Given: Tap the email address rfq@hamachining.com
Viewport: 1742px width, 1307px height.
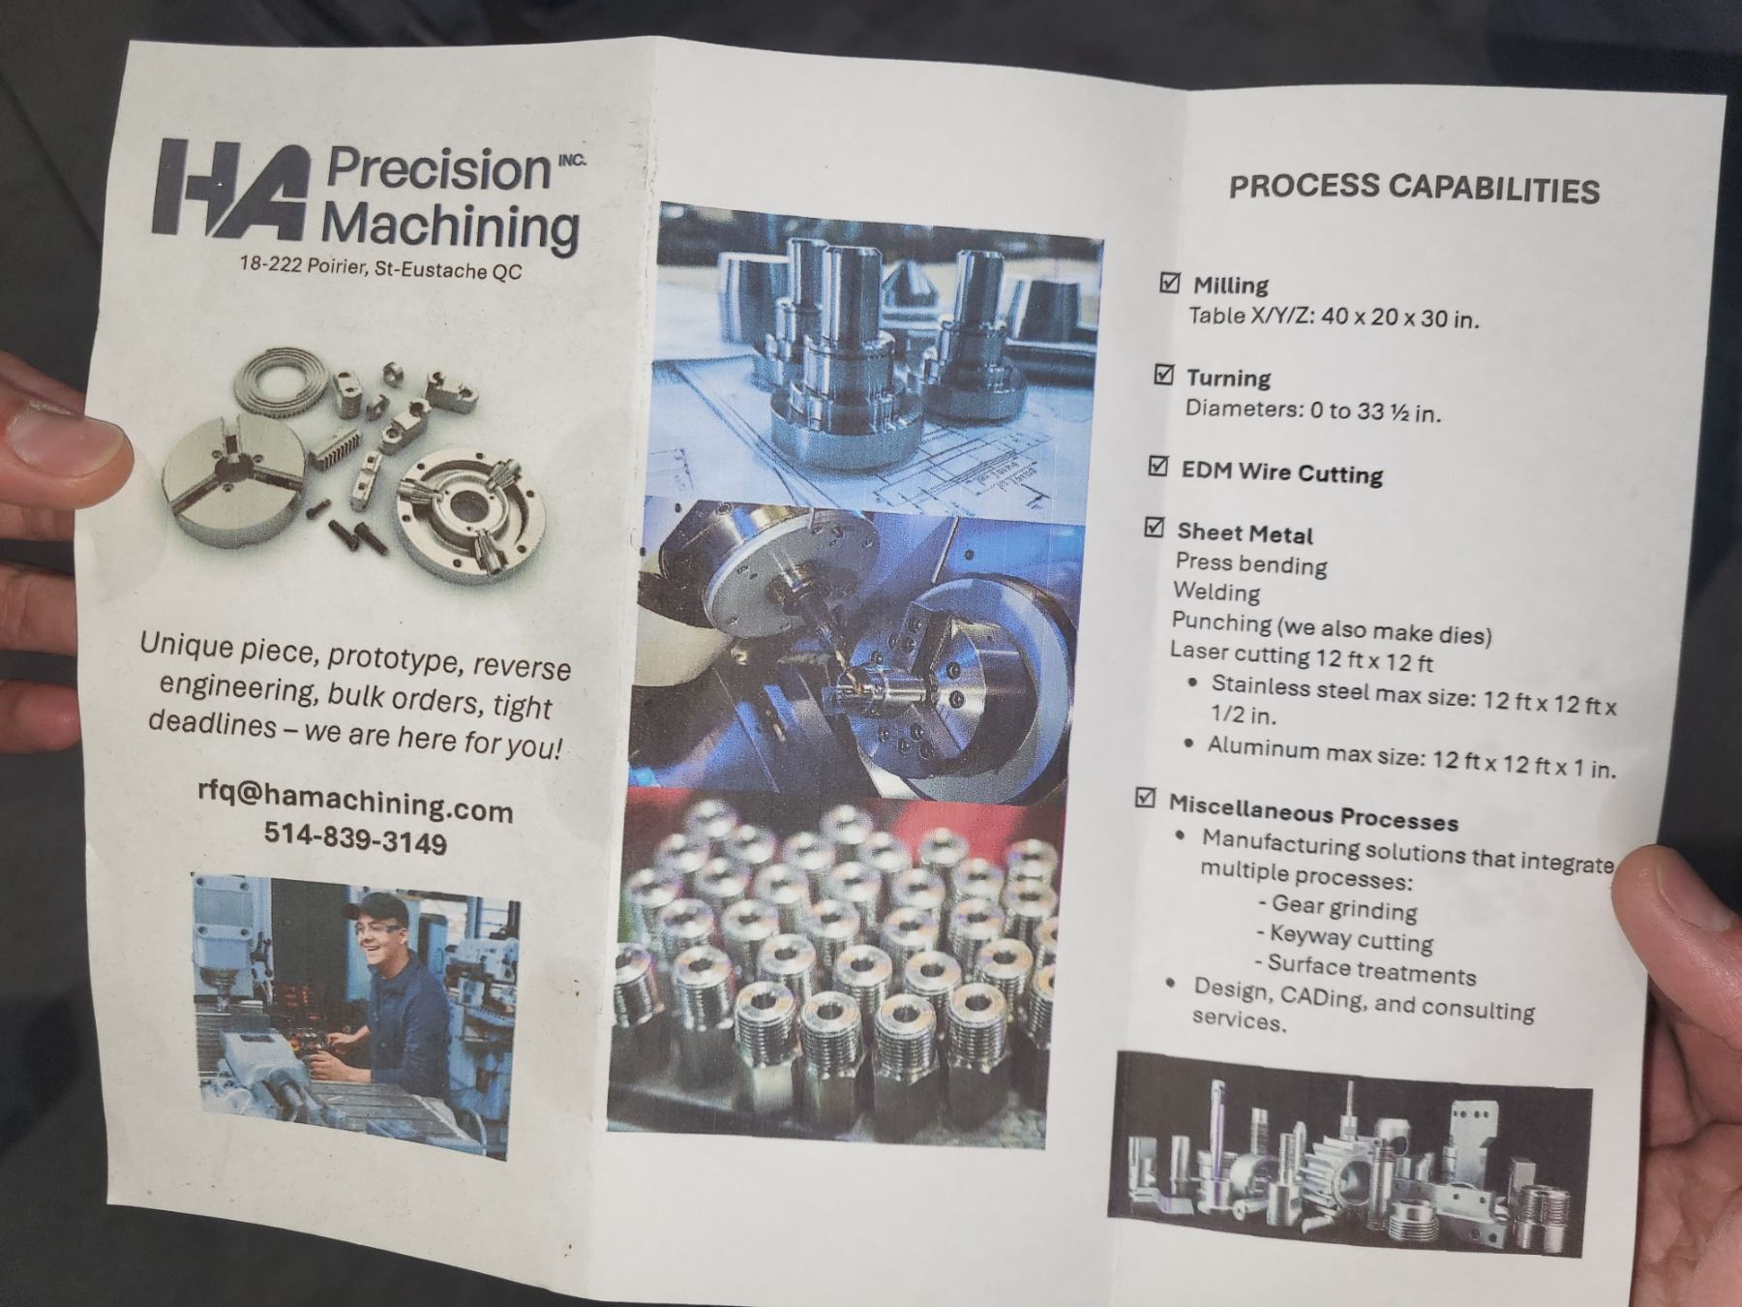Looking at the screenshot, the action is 355,801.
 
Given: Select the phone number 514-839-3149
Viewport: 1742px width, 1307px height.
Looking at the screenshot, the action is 356,839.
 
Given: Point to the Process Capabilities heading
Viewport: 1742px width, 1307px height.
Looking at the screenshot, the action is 1414,188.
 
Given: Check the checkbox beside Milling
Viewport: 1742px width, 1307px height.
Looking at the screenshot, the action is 1169,282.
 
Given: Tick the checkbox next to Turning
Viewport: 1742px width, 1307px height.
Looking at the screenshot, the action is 1164,374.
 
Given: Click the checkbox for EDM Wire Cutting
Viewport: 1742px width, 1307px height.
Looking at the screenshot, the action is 1157,466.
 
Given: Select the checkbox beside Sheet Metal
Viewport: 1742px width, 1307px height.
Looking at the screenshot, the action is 1154,528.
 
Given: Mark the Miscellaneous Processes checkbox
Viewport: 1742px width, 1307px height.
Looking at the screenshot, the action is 1145,798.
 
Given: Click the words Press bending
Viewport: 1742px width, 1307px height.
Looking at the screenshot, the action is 1251,564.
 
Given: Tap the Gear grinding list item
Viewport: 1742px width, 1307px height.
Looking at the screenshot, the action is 1338,907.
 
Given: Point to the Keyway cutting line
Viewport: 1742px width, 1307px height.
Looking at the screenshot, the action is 1344,938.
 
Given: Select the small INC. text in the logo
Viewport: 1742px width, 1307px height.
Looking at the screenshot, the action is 572,160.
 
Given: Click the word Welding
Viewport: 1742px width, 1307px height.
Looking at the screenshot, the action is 1216,592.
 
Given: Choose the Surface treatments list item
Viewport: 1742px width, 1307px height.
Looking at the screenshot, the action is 1366,970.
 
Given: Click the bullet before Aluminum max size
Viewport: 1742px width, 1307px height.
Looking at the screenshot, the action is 1188,744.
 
